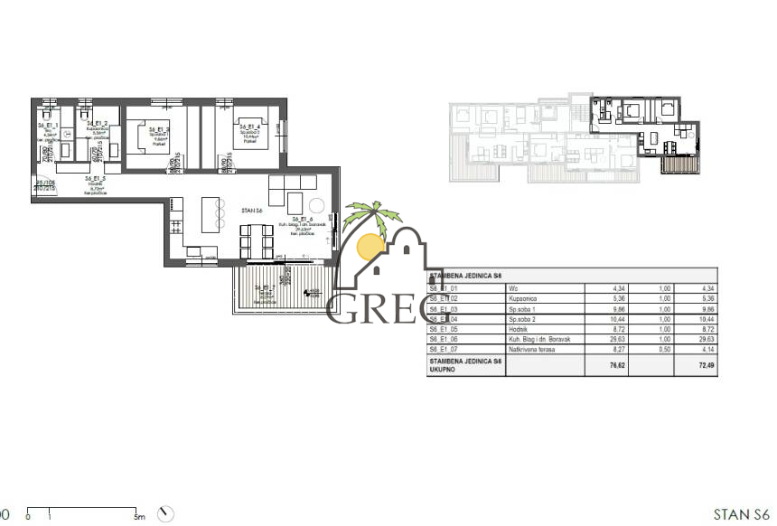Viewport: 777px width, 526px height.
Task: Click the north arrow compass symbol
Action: point(165,514)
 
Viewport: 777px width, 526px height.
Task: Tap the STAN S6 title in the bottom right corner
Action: point(741,514)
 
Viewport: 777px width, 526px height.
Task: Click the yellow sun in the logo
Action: point(371,247)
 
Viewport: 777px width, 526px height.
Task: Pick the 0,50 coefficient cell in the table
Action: point(651,349)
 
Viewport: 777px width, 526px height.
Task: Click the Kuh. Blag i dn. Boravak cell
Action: point(542,340)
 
